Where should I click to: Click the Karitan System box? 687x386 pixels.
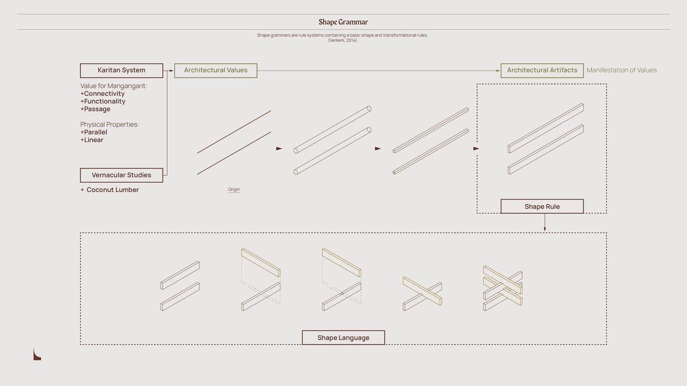[121, 70]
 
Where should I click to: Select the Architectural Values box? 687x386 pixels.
[216, 70]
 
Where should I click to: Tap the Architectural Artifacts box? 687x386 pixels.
[542, 70]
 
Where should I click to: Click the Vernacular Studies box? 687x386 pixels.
[121, 175]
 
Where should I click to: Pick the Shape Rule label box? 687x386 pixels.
[542, 206]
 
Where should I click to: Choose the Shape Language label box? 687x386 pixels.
[343, 338]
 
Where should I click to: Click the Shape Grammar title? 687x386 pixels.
[343, 22]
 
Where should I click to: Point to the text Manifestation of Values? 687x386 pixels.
[622, 70]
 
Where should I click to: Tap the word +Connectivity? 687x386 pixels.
[103, 93]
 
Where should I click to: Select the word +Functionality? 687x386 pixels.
[103, 101]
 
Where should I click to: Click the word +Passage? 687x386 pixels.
[96, 109]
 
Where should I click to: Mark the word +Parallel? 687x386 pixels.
[94, 132]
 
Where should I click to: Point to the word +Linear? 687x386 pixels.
[92, 140]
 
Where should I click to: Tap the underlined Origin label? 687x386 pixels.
[233, 189]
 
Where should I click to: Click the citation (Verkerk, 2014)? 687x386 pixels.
[342, 40]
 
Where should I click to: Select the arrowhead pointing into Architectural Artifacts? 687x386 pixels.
[498, 70]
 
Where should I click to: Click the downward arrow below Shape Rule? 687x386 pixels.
[545, 222]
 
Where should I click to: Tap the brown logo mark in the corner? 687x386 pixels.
[37, 355]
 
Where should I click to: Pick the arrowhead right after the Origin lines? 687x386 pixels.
[279, 149]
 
